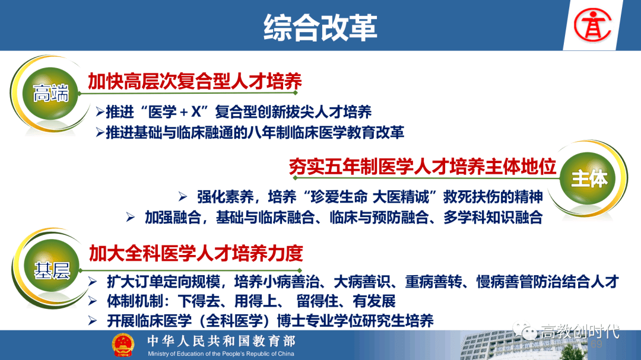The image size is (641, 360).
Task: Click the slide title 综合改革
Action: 320,27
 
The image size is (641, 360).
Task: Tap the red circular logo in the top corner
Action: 592,26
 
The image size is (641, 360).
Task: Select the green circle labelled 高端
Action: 50,94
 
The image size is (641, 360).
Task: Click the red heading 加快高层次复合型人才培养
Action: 195,81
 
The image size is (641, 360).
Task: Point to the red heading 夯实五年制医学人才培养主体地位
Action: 423,167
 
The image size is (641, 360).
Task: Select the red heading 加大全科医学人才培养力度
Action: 196,253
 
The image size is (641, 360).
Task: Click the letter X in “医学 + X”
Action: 196,111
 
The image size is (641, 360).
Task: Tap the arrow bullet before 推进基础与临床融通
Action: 100,132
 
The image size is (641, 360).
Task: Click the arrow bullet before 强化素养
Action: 183,197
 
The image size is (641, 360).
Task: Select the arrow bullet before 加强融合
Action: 131,217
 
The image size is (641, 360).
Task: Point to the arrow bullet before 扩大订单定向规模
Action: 93,282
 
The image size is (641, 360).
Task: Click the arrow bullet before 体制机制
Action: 93,301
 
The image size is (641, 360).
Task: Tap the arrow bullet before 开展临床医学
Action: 93,321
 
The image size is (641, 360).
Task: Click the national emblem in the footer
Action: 123,345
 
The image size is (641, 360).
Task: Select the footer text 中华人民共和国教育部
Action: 221,341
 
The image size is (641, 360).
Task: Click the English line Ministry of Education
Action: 221,353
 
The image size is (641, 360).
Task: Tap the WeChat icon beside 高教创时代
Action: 525,331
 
